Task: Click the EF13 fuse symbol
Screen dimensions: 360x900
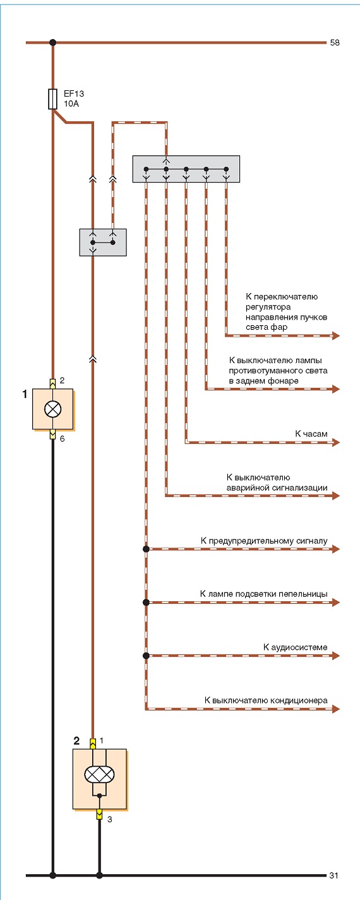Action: coord(52,99)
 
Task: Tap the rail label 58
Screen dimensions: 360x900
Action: coord(335,42)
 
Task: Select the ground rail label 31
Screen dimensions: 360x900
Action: coord(334,875)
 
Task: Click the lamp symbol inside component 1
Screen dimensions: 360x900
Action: coord(52,409)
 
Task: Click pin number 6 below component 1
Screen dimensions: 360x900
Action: coord(62,439)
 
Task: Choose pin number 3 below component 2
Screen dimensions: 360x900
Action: coord(110,819)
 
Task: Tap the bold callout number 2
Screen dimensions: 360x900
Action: coord(76,741)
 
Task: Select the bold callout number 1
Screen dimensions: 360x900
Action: coord(25,394)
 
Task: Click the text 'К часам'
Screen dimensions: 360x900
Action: coord(311,433)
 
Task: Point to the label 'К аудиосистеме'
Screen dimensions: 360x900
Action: coord(296,647)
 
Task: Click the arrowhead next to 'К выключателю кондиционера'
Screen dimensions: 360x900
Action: coord(336,709)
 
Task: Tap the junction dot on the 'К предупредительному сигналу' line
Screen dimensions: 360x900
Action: coord(147,549)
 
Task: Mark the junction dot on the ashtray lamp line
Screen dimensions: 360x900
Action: coord(147,603)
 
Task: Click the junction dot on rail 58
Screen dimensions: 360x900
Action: coord(52,42)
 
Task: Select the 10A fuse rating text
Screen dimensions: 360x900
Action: coord(71,104)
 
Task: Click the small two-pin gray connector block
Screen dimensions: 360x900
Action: coord(103,243)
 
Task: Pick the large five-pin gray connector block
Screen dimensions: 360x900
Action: coord(186,169)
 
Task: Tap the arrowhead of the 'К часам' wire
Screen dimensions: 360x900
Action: coord(336,442)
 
